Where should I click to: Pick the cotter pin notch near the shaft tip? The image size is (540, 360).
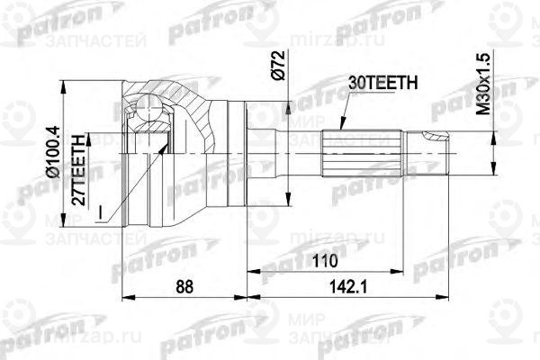point(435,139)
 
